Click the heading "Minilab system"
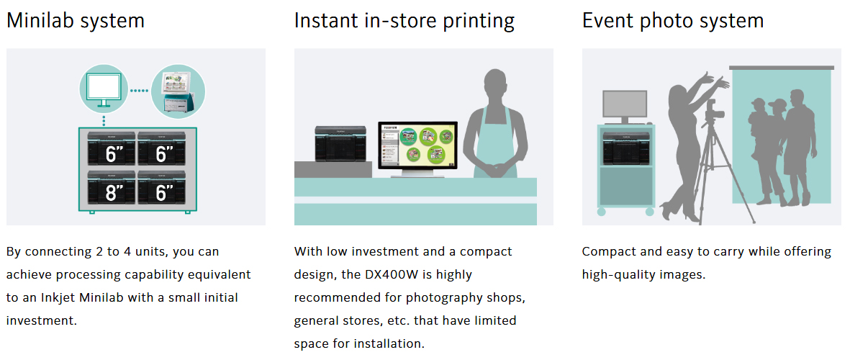(x=76, y=21)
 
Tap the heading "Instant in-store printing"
(x=404, y=21)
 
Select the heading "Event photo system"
(x=673, y=21)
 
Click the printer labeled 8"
(x=111, y=188)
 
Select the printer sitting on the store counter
(x=338, y=143)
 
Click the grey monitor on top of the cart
(x=625, y=107)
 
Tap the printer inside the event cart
(x=625, y=148)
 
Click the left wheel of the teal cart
(x=602, y=212)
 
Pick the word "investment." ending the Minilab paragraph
(x=41, y=320)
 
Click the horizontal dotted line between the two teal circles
(x=140, y=91)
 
